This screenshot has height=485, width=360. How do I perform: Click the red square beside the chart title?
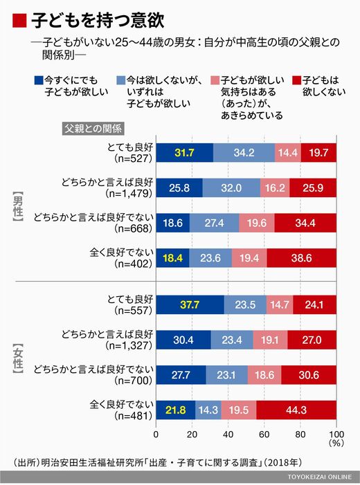pos(19,21)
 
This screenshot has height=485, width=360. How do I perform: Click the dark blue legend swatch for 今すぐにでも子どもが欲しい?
pos(39,80)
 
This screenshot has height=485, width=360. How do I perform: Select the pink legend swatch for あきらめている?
pos(215,80)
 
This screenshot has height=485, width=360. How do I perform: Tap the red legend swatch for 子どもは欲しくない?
pos(297,80)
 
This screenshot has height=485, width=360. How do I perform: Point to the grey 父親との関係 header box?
pos(93,129)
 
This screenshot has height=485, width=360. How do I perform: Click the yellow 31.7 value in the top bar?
pos(184,153)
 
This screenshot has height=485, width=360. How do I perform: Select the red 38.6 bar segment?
pos(301,258)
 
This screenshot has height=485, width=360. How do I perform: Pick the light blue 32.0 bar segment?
pos(231,187)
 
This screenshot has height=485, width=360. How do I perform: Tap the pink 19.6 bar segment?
pos(257,223)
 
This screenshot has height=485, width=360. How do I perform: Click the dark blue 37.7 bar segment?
pos(190,304)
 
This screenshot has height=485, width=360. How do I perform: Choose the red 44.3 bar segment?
pos(296,410)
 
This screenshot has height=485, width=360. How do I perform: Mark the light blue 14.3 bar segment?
pos(208,410)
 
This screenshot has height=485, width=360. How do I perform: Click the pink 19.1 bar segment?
pos(270,340)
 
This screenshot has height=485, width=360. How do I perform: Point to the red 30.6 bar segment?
pos(309,375)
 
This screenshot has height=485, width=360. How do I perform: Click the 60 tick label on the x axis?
pos(264,434)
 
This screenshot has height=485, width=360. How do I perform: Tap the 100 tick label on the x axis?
pos(336,434)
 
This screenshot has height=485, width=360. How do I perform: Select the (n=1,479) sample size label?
pos(129,194)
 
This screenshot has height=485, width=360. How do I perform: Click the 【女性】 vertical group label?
pos(18,359)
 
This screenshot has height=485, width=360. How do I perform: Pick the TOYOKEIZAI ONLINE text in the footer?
pos(320,477)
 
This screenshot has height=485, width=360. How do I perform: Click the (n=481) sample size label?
pos(134,416)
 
